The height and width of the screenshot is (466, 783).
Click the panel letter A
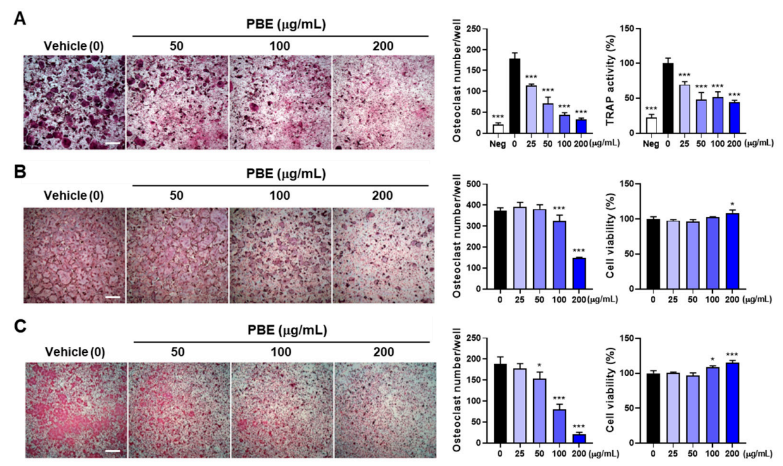click(20, 20)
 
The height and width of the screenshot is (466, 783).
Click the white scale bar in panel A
click(113, 143)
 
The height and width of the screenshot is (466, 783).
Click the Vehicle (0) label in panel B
click(74, 195)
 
